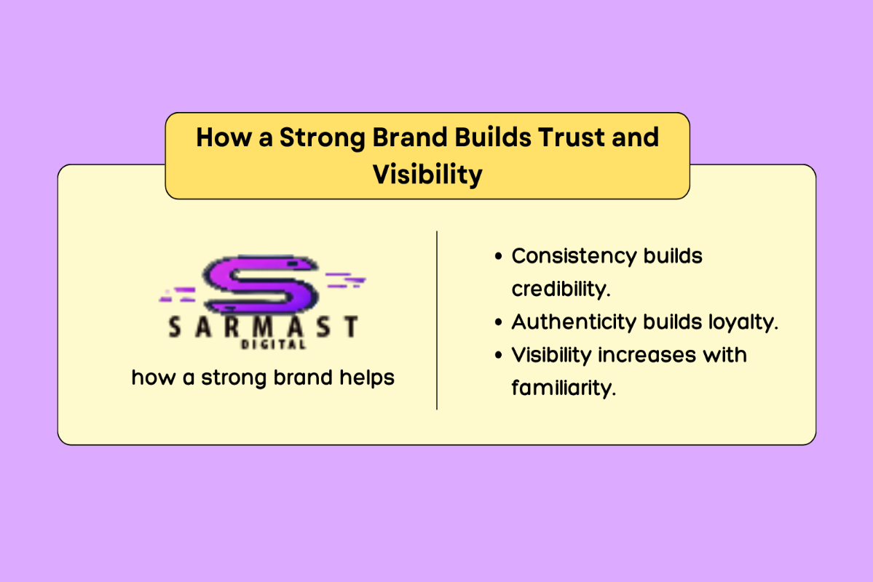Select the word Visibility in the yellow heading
click(x=427, y=175)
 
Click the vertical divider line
click(x=437, y=320)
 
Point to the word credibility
click(x=560, y=289)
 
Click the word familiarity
click(x=563, y=388)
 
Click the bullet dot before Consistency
click(x=498, y=257)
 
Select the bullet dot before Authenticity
click(x=498, y=322)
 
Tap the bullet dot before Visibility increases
click(x=498, y=356)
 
